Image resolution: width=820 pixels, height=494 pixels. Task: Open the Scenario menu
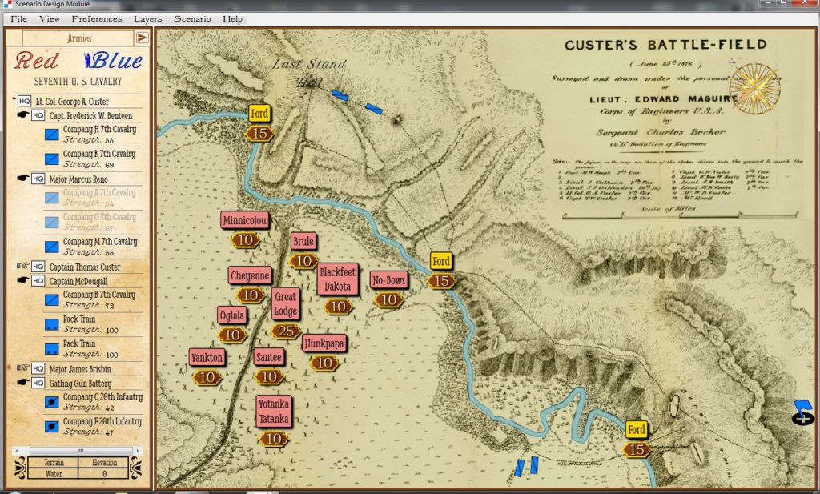coord(192,18)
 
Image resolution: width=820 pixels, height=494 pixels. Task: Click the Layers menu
coord(147,18)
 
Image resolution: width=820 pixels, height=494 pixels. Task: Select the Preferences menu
coord(97,18)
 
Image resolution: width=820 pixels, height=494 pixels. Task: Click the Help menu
coord(233,18)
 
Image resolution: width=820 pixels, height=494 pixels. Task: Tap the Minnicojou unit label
coord(245,220)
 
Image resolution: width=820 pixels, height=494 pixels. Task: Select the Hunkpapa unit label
coord(324,343)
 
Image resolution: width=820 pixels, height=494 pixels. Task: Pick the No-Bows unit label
coord(389,280)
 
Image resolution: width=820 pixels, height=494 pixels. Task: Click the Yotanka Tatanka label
coord(274,412)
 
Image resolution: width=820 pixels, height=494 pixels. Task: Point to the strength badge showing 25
coord(286,331)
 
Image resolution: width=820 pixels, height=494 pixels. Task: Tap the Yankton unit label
coord(207,357)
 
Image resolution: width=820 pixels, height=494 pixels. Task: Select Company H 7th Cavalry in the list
coord(99,129)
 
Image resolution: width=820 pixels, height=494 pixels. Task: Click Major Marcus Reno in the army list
coord(78,179)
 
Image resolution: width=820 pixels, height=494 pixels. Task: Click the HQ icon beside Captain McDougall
coord(38,281)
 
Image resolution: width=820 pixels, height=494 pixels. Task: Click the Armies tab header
coord(78,38)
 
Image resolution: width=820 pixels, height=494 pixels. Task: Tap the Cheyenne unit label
coord(250,275)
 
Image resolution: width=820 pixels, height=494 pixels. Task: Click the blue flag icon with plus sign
coord(802,412)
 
